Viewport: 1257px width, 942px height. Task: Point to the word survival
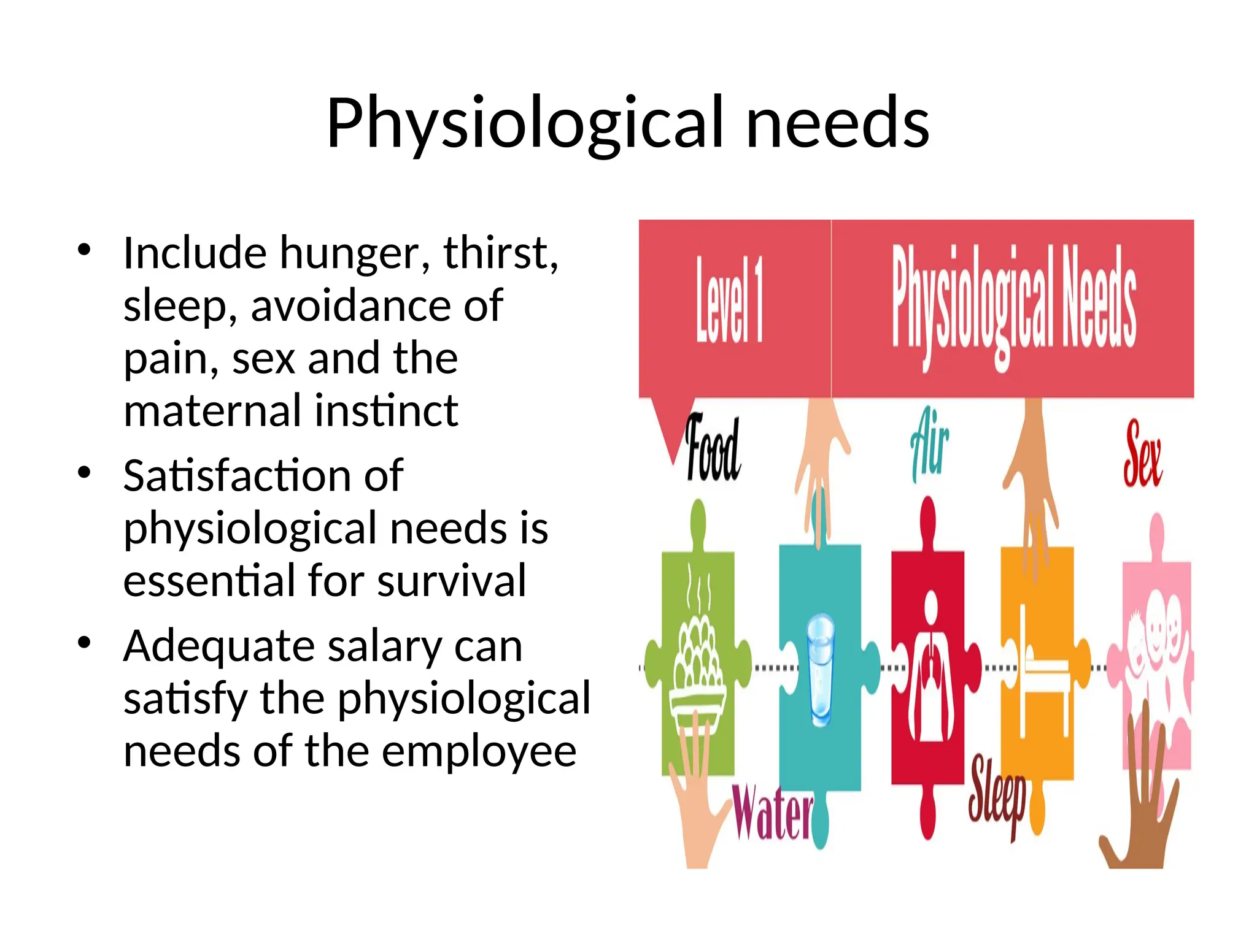click(x=452, y=580)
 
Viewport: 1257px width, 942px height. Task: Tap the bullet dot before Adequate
click(x=85, y=643)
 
